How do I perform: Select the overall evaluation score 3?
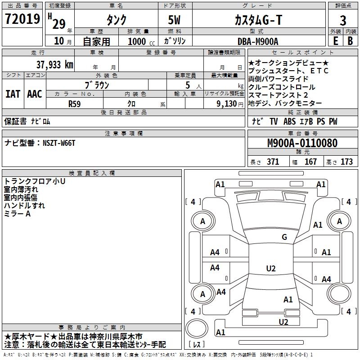[343, 20]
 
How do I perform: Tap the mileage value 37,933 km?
[54, 65]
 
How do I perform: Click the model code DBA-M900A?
[258, 41]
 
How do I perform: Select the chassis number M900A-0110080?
[302, 144]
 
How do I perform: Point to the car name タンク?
[116, 20]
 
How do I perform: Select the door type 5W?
[175, 20]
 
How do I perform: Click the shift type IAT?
[13, 94]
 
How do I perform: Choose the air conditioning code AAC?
[35, 94]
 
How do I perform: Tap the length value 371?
[273, 162]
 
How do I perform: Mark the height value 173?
[346, 162]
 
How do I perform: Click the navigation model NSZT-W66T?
[59, 143]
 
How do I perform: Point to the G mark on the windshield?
[284, 237]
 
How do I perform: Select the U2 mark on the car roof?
[270, 269]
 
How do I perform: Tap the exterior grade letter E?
[335, 40]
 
